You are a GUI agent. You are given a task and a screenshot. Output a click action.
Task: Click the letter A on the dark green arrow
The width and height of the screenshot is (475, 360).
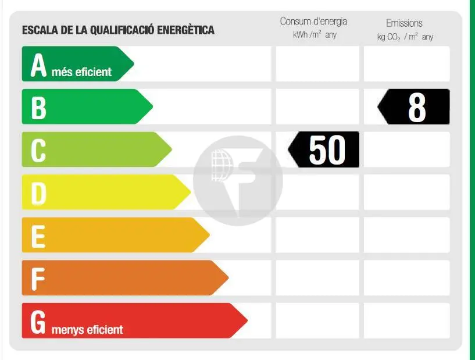coord(38,65)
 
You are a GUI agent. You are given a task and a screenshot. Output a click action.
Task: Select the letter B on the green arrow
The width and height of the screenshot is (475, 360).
coord(38,108)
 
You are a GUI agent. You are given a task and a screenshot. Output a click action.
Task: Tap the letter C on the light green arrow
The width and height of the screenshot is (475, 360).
coord(38,150)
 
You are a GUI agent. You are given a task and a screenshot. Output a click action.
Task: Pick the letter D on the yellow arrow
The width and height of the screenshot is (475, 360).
coord(38,193)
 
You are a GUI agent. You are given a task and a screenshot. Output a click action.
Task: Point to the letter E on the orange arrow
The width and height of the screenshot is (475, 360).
coord(38,236)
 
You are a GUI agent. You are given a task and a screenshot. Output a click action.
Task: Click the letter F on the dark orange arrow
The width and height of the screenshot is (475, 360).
coord(38,279)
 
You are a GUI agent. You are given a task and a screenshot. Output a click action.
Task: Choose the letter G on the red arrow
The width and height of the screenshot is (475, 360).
coord(38,322)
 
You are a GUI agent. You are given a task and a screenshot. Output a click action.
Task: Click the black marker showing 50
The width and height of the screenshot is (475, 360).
coord(324,150)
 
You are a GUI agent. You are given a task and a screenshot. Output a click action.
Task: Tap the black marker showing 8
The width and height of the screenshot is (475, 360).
coord(414,107)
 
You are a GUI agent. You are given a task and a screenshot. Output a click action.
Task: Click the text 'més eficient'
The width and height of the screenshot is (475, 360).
coord(81,72)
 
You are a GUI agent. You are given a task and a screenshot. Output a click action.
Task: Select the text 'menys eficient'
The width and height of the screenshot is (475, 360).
coord(87,330)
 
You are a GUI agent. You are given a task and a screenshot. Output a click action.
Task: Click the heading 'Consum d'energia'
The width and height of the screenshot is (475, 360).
coord(313,22)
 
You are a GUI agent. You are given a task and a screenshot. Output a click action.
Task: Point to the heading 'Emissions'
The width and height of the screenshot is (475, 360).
coord(404,23)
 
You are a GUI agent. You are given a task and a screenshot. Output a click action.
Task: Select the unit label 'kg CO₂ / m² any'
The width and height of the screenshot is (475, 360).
coord(405,37)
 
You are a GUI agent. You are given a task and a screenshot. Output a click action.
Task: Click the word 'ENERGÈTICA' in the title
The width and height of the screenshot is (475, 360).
coord(186,30)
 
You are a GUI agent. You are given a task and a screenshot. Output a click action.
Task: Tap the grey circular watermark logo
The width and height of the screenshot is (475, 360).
coord(238,181)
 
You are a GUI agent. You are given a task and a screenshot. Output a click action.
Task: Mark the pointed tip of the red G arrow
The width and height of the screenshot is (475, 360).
coord(247,320)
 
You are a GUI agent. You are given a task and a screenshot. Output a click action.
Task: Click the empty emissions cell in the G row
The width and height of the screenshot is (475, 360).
coord(406,320)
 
